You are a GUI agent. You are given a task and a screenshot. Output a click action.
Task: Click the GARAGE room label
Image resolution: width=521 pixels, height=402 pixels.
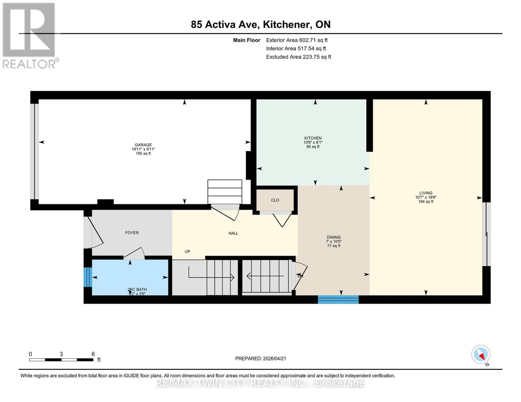coord(143,145)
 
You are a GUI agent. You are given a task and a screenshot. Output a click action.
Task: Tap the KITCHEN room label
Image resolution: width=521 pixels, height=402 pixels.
coord(313,138)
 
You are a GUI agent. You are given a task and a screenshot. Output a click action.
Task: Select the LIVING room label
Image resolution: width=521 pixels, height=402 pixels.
coord(425,193)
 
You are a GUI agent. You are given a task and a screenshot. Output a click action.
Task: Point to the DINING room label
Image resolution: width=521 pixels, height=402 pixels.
coord(333,237)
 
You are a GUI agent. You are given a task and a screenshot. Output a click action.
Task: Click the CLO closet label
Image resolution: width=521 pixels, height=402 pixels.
coord(275,200)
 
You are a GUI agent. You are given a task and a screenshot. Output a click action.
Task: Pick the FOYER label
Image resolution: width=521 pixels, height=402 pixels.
coord(132,232)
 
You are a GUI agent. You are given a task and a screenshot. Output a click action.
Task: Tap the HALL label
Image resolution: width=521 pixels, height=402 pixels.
coord(233,233)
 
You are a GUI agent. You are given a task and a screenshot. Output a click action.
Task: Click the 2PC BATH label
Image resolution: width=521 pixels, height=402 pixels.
coord(137,289)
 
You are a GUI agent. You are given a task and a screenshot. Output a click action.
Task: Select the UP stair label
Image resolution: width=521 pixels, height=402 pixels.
coord(187,251)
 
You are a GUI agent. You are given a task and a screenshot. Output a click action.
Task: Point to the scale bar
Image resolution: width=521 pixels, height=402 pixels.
coord(61,359)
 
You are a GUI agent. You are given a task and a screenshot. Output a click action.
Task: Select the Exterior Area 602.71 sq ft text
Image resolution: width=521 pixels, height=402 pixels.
coord(297,40)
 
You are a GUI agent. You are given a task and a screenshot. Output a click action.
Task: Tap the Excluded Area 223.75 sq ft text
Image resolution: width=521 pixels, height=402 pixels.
coord(298,57)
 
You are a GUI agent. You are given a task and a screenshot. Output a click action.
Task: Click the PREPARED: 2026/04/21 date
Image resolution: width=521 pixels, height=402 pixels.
coord(260,358)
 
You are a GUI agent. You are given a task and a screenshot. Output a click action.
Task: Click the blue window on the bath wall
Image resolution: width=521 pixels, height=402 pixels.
coord(88,277)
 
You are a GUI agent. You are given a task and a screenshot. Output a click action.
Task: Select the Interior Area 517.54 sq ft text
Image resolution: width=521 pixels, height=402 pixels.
coord(296,49)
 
